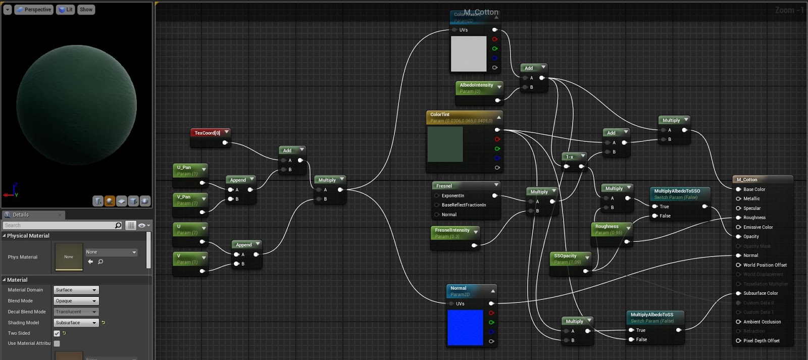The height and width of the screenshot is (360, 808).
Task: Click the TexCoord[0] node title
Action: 208,133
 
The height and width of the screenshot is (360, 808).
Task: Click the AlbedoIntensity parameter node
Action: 477,88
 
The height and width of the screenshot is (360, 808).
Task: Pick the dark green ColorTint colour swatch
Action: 445,144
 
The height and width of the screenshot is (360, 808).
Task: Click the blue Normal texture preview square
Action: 465,327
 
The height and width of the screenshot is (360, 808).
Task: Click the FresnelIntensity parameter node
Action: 452,233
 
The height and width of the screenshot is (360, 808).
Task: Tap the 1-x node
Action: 570,157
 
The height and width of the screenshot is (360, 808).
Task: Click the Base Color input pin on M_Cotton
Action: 738,189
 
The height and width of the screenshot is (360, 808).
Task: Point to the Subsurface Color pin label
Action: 760,293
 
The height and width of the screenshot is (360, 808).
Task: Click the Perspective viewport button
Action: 34,10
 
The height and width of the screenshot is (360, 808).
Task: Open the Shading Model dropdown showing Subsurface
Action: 76,323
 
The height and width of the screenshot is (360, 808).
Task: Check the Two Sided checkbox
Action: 57,333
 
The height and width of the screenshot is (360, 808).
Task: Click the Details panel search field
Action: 58,225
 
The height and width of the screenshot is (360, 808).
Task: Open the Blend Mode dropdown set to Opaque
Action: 76,301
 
